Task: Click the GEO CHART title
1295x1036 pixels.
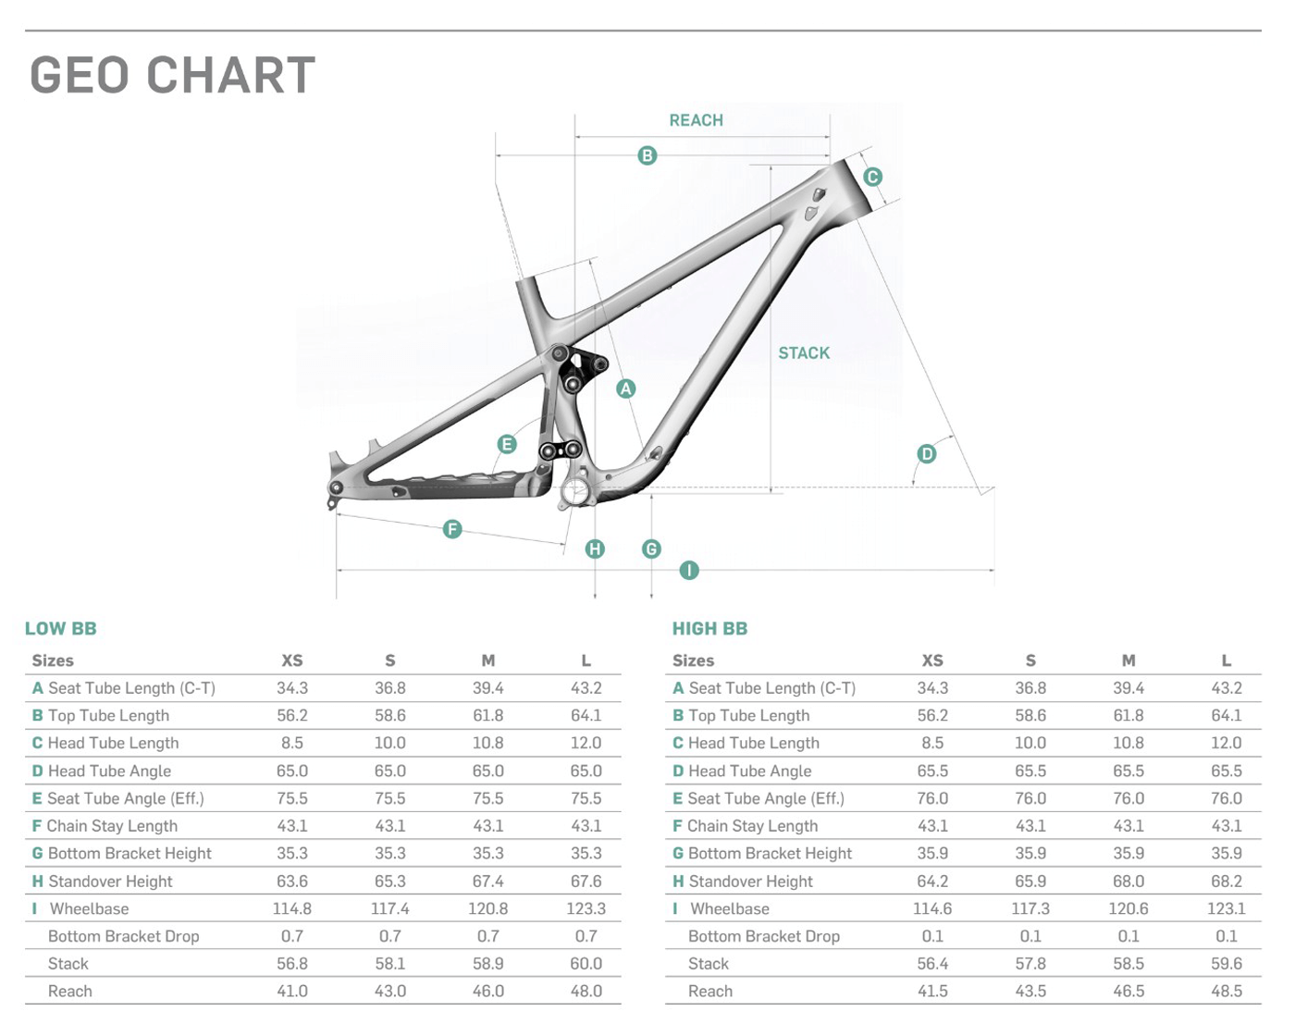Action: pos(173,75)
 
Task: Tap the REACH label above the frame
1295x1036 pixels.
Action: pos(697,120)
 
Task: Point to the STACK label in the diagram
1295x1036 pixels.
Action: pos(804,352)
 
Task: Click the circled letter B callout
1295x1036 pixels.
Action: pos(647,156)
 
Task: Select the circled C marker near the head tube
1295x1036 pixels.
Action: pos(872,177)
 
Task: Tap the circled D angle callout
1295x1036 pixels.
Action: pos(927,454)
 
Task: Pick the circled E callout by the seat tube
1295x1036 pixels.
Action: pos(507,445)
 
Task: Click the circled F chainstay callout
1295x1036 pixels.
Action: pos(452,530)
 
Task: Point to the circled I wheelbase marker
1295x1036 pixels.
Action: pos(689,571)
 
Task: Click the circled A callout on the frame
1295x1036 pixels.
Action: pos(626,388)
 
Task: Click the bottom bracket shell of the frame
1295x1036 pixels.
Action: pos(574,490)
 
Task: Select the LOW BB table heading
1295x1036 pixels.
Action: pos(61,628)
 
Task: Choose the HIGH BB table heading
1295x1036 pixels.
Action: pos(710,628)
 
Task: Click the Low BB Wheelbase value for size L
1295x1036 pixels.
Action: pos(586,908)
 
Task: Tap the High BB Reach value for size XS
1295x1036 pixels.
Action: pos(932,991)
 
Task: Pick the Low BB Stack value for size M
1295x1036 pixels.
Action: pos(488,964)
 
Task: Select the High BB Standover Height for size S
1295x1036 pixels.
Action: pos(1030,882)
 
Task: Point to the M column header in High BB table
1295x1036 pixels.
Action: pos(1128,661)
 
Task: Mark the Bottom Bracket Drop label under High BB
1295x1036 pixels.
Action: pos(764,936)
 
